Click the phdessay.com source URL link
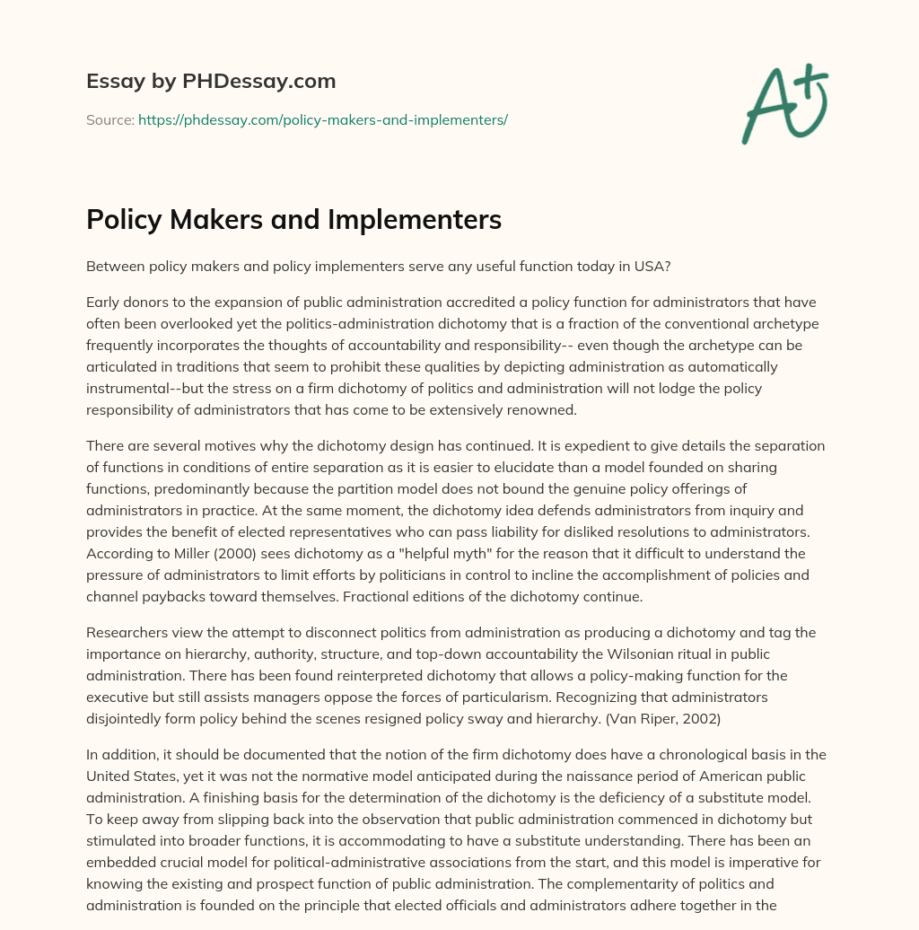323,119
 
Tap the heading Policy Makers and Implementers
293,220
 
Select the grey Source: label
109,119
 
